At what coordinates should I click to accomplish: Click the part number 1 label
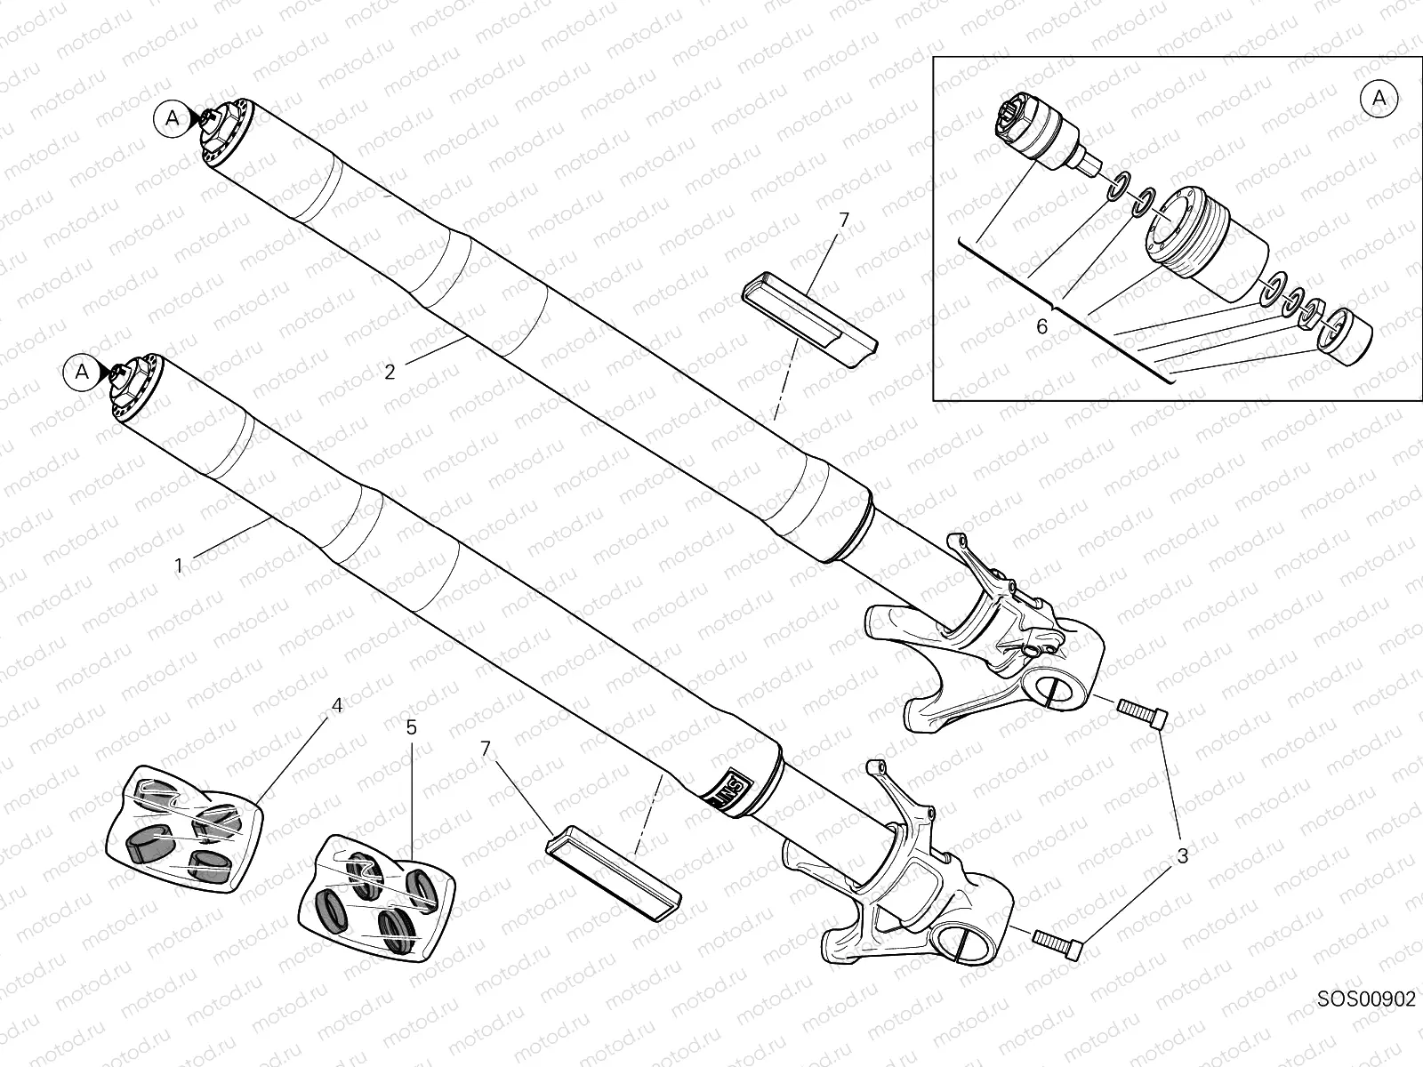[179, 566]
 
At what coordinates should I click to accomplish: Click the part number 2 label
[390, 372]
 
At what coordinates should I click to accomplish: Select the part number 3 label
[1182, 856]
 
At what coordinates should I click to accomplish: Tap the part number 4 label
[336, 705]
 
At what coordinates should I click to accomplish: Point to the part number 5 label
[411, 727]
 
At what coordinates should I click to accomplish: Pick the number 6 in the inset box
[1042, 326]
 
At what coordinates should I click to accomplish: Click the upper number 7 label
[844, 219]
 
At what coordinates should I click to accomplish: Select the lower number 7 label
[486, 749]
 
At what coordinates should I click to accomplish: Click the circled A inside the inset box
[1379, 99]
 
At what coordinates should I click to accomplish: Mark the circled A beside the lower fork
[81, 372]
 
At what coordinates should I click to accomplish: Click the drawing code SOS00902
[1365, 1023]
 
